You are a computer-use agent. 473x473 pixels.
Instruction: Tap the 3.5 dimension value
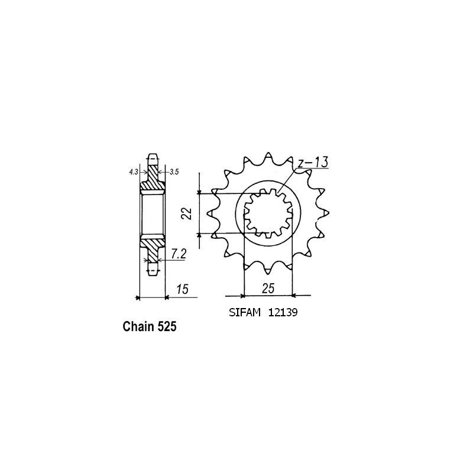tap(174, 172)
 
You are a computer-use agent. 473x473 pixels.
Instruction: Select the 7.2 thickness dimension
tap(179, 255)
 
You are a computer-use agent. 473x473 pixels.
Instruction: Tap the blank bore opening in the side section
tap(153, 213)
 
